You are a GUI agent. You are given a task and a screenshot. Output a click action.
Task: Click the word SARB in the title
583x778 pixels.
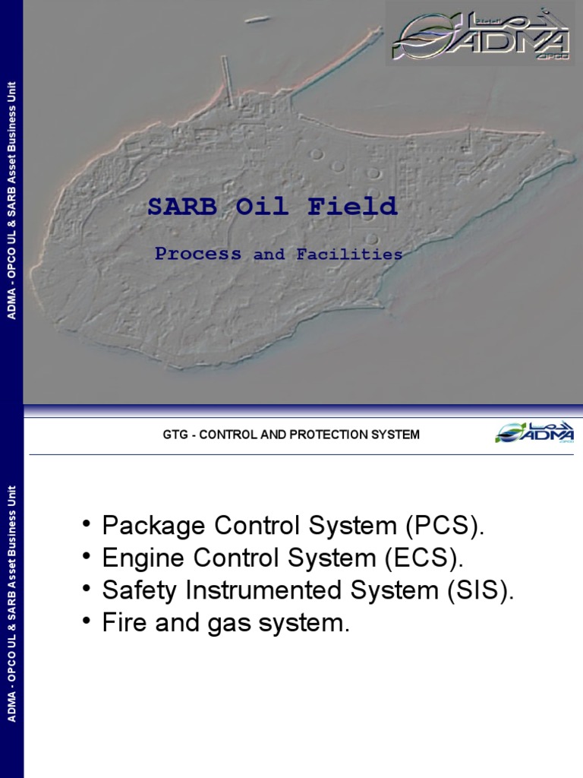coord(175,207)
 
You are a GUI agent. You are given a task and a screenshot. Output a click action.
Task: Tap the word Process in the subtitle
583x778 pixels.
coord(198,255)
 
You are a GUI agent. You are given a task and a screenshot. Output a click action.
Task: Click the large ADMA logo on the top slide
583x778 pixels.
coord(480,34)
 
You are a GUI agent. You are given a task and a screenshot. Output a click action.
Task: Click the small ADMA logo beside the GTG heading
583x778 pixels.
coord(534,434)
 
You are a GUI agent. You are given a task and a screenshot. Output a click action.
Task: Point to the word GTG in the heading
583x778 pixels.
coord(174,435)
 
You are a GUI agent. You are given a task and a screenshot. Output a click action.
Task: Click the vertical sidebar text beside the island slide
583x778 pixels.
coord(11,201)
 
